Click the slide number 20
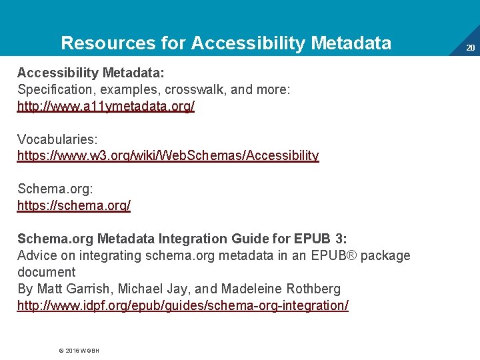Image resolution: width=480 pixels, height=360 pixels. point(470,48)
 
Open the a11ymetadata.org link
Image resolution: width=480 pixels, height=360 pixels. point(106,107)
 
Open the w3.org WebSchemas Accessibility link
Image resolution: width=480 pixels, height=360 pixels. point(168,156)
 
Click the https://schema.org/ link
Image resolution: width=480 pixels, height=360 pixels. point(74,206)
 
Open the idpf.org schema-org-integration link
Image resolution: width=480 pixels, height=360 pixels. point(183,306)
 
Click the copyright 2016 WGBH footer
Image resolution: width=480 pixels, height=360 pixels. point(79,350)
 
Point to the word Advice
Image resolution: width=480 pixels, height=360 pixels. point(37,255)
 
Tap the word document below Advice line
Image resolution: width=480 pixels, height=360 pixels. point(47,273)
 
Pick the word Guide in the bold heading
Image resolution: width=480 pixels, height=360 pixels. point(250,239)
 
